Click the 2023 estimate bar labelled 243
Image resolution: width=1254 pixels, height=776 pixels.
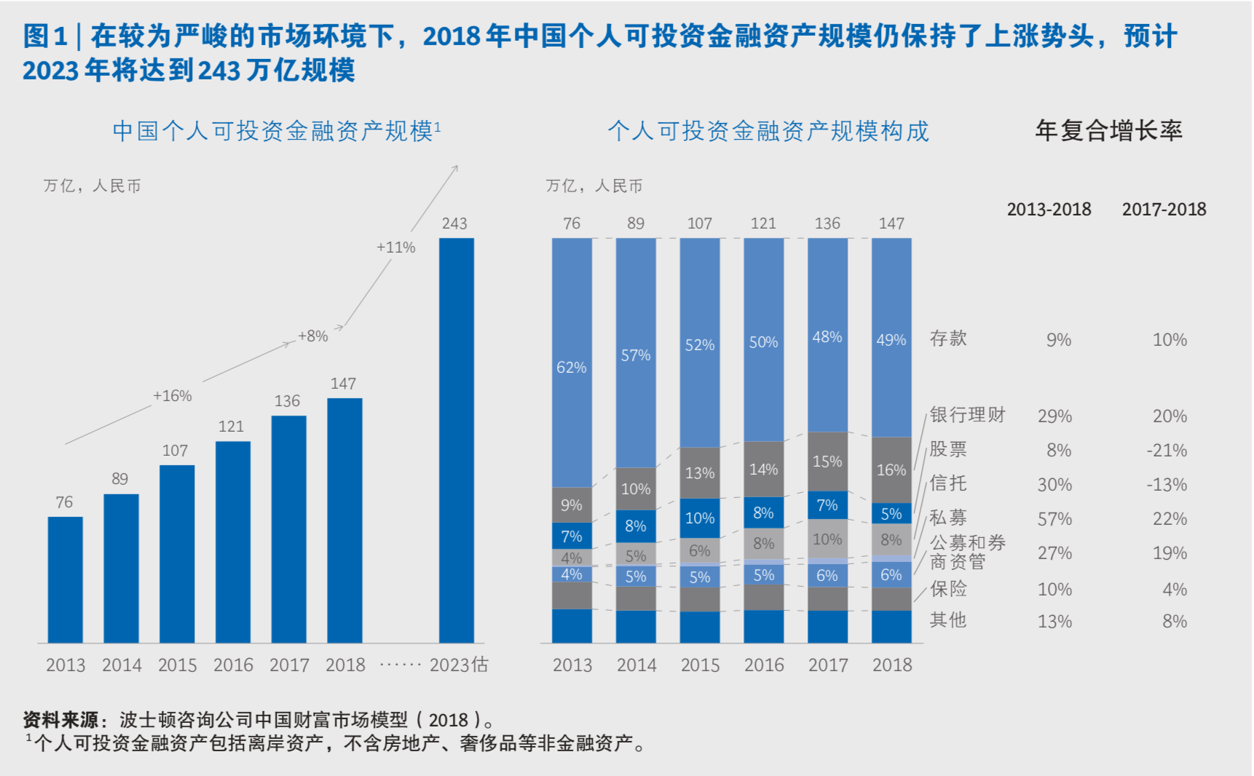pos(456,440)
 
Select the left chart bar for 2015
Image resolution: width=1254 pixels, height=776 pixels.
pos(177,553)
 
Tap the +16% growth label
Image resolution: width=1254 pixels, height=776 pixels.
pos(173,396)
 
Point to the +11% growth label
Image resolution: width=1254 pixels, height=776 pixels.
pos(395,248)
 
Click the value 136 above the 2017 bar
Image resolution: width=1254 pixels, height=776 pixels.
pos(287,401)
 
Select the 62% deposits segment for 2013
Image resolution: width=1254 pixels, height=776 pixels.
pos(572,366)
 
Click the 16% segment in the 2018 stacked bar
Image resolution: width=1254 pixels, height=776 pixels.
pos(891,470)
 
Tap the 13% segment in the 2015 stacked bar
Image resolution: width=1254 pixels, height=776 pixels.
pos(700,473)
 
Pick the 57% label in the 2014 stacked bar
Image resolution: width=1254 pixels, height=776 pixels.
pos(636,355)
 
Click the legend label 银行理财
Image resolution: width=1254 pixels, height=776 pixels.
pos(967,415)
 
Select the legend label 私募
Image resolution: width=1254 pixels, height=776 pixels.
pos(948,518)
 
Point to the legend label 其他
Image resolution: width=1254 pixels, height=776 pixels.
pos(948,620)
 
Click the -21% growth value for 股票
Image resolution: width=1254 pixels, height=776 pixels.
pos(1167,451)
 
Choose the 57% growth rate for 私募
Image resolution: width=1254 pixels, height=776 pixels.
pos(1054,519)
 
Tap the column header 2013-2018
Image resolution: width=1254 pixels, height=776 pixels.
pos(1049,210)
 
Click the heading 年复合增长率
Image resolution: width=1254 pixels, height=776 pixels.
pos(1108,130)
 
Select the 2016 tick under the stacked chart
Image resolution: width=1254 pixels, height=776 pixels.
pos(764,665)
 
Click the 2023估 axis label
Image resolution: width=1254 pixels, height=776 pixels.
pos(459,665)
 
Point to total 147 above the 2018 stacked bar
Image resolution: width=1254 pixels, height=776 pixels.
pos(891,223)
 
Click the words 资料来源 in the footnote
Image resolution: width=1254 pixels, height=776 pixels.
pos(60,720)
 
